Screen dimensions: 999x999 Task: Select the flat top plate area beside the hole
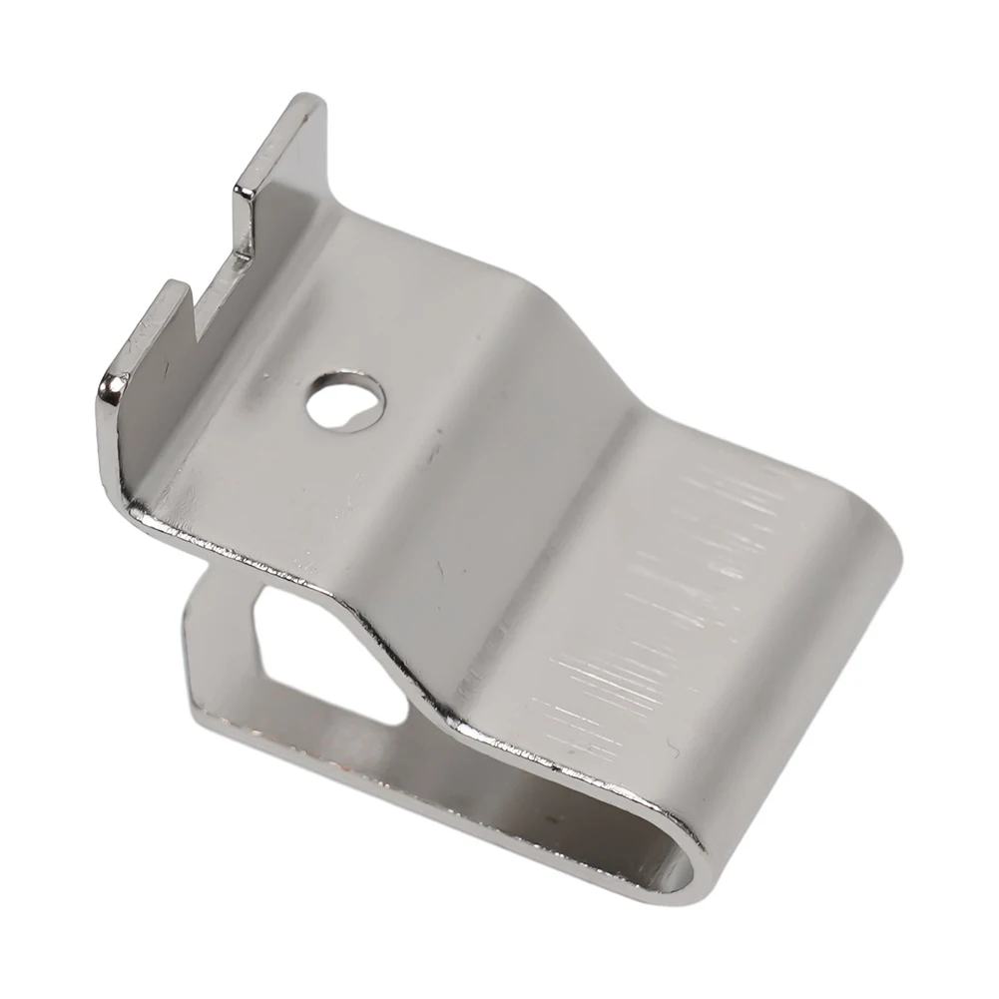point(269,449)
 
